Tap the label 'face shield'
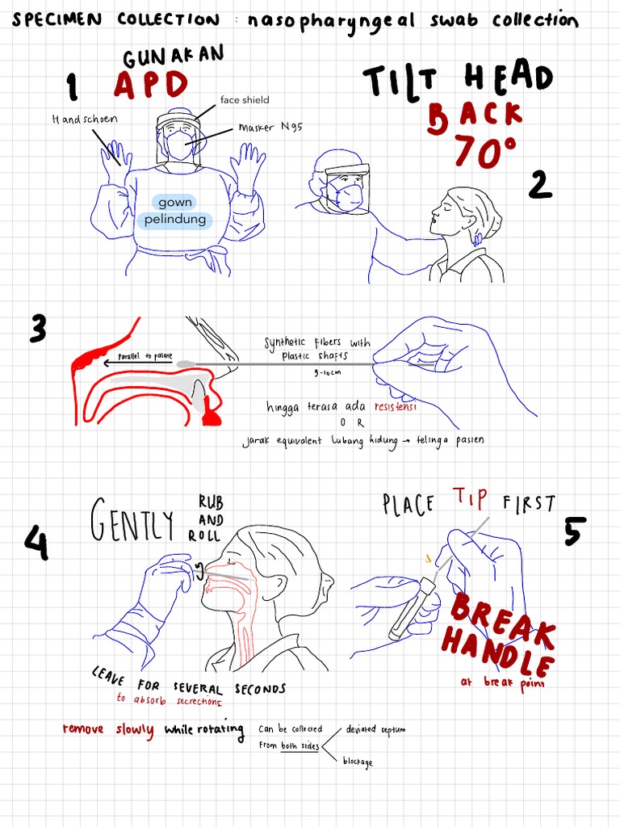(x=245, y=100)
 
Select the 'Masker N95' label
(x=270, y=128)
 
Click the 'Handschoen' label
(x=85, y=119)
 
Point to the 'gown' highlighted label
(x=175, y=202)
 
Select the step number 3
(x=38, y=330)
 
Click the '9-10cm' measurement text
(x=326, y=373)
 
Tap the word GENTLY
(x=132, y=523)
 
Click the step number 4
(x=36, y=544)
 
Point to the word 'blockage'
(x=358, y=762)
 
